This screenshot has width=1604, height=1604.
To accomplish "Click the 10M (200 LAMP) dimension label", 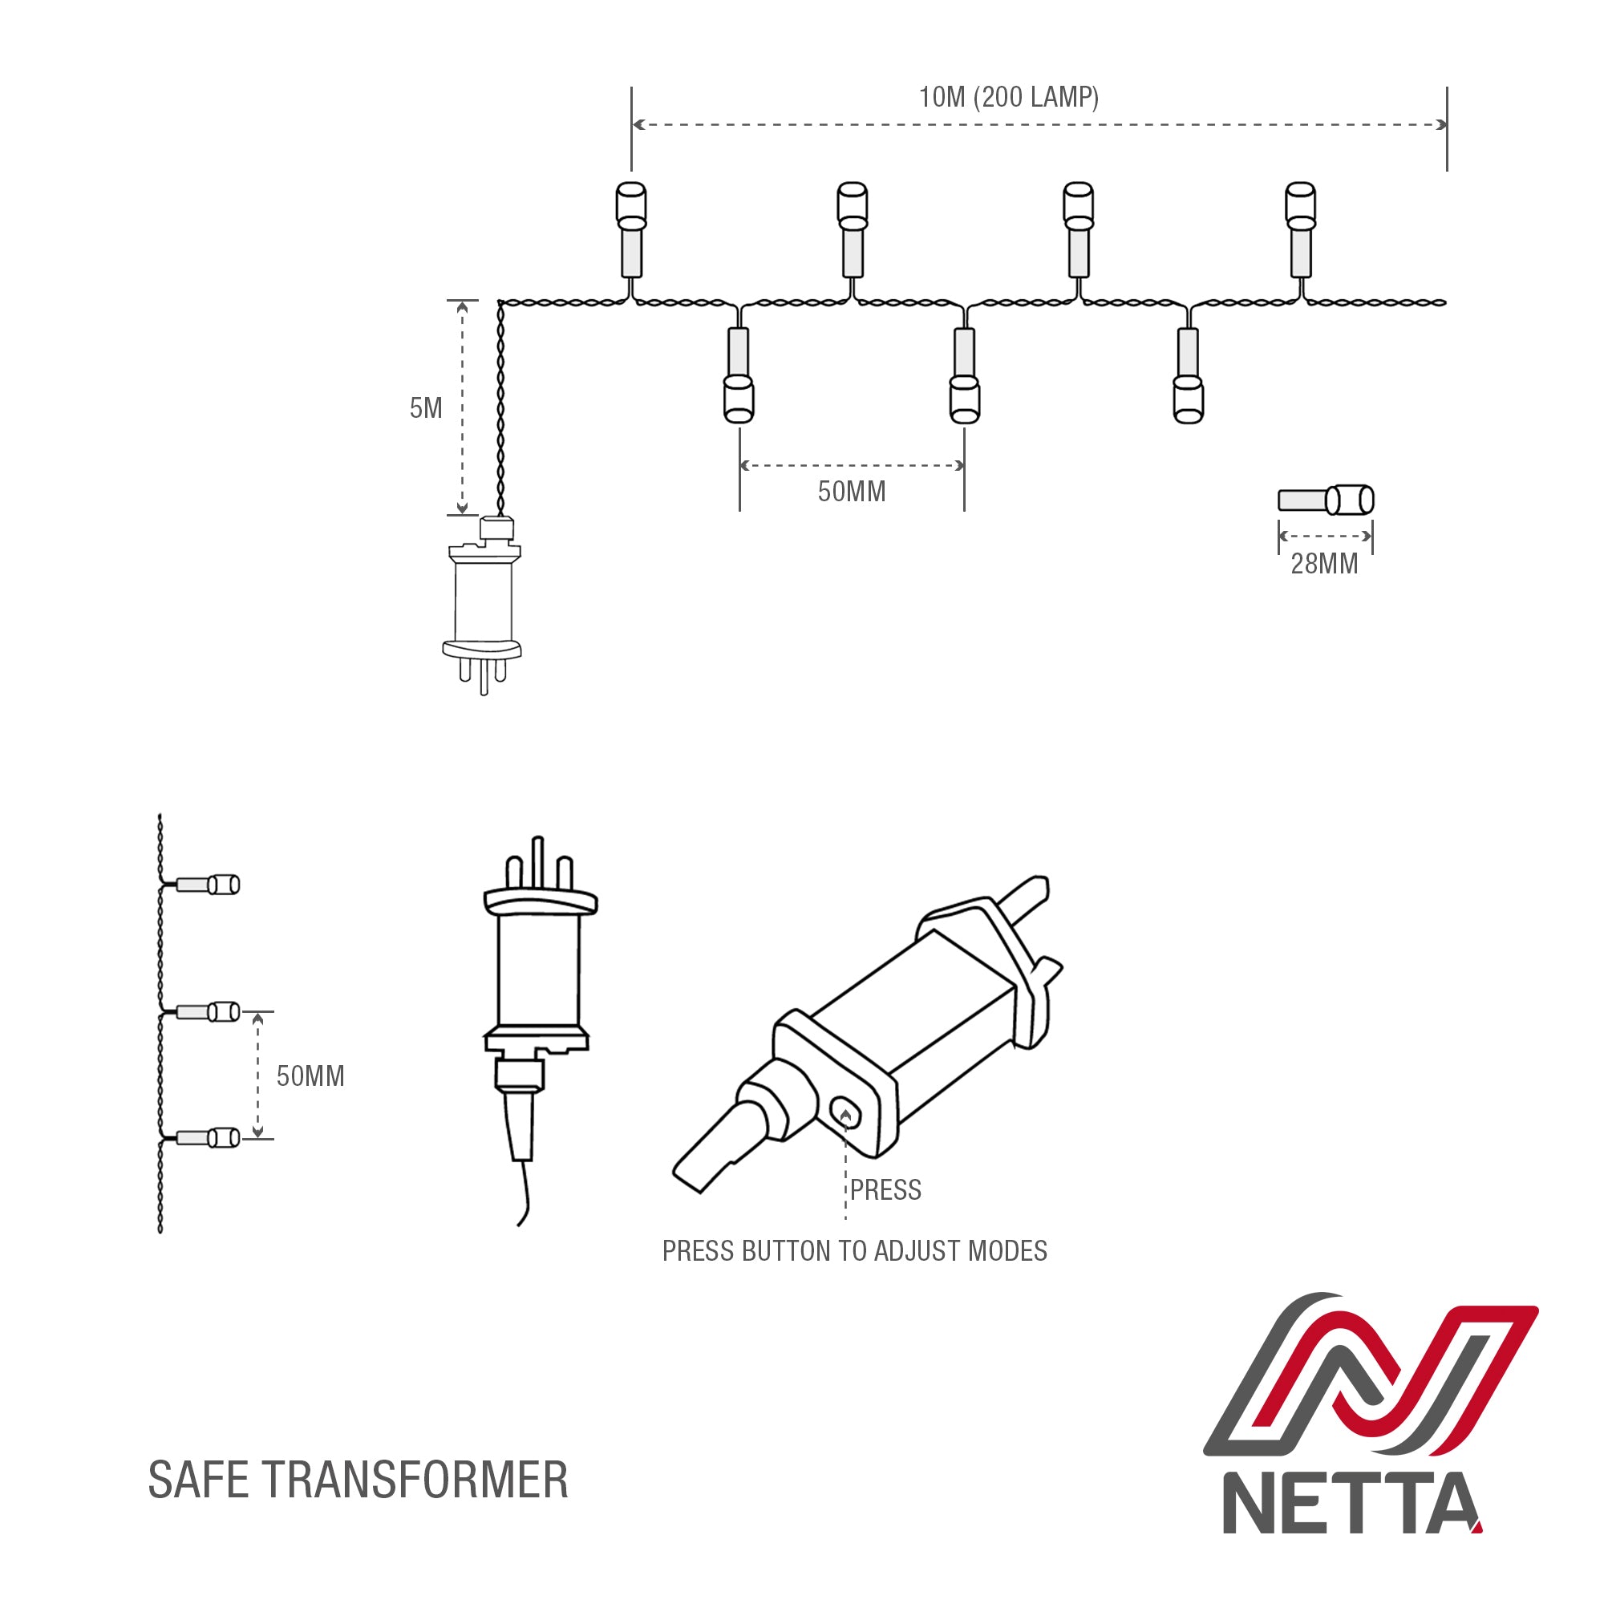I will click(1008, 97).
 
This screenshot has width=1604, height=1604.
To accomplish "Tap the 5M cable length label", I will click(425, 407).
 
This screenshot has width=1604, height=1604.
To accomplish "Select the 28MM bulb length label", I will click(1324, 564).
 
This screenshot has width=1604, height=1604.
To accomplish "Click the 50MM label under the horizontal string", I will click(851, 492).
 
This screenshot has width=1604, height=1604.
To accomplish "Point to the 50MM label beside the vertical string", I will click(310, 1076).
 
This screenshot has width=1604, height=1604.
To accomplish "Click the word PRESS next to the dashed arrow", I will click(885, 1189).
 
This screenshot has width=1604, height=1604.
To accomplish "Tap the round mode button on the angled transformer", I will click(845, 1111).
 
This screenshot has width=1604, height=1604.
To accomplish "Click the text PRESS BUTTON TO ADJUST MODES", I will click(853, 1251).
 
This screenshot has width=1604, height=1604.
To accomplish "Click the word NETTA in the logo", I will click(1351, 1503).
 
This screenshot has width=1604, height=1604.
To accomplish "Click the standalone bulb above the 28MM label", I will click(1326, 500).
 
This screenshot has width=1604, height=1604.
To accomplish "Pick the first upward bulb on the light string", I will click(631, 229).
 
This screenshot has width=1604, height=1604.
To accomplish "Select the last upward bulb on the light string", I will click(1300, 229).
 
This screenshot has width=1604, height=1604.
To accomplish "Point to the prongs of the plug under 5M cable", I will click(483, 674).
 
